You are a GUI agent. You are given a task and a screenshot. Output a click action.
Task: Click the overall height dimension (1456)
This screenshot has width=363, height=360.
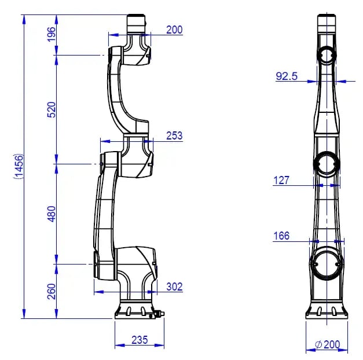pyautogui.click(x=19, y=166)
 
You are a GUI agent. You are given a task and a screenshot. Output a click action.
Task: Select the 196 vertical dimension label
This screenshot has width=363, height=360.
pyautogui.click(x=52, y=34)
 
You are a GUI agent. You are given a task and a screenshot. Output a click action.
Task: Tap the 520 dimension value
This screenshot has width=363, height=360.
pyautogui.click(x=52, y=110)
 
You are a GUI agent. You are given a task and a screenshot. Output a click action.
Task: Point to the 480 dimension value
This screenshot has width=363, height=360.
pyautogui.click(x=52, y=214)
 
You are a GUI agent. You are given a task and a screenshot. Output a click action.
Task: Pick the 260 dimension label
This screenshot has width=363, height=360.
pyautogui.click(x=52, y=292)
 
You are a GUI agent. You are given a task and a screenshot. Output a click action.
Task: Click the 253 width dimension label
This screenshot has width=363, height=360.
pyautogui.click(x=174, y=135)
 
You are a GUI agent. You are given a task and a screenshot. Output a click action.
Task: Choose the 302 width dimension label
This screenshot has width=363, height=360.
pyautogui.click(x=175, y=286)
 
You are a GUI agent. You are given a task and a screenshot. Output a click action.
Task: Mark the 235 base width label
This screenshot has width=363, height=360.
pyautogui.click(x=140, y=340)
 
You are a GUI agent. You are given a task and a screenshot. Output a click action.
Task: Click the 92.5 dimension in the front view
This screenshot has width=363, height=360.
pyautogui.click(x=287, y=76)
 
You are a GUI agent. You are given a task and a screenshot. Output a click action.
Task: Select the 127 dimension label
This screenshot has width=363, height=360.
pyautogui.click(x=281, y=181)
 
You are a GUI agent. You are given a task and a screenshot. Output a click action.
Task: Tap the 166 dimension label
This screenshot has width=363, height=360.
pyautogui.click(x=281, y=236)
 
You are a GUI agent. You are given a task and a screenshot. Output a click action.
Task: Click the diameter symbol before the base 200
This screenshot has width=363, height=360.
pyautogui.click(x=319, y=345)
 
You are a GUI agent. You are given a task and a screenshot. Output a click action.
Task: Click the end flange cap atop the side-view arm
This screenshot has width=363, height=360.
pyautogui.click(x=137, y=24)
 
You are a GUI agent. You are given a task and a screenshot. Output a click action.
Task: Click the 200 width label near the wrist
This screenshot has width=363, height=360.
pyautogui.click(x=174, y=30)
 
